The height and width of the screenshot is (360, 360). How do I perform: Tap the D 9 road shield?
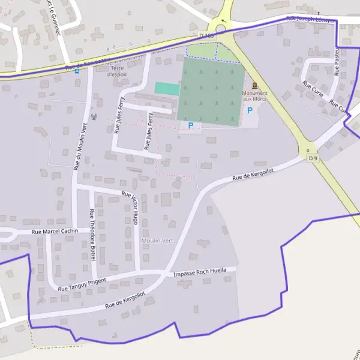[311, 158]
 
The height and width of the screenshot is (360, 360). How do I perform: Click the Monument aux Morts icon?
[255, 86]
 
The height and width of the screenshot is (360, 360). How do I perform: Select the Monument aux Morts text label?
[255, 96]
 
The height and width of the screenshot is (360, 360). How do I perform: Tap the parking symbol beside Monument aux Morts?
[250, 110]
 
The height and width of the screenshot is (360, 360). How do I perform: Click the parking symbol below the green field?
[191, 125]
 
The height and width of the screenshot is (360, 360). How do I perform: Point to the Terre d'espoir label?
[118, 71]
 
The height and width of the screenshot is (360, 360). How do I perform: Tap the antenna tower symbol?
[93, 116]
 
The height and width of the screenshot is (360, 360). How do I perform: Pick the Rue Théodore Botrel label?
[92, 230]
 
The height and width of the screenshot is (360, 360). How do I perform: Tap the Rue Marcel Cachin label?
[55, 231]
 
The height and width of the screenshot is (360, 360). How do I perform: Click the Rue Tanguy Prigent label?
[82, 284]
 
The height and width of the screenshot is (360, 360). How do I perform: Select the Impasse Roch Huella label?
[200, 272]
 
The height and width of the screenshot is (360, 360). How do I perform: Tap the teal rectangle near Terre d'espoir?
[167, 89]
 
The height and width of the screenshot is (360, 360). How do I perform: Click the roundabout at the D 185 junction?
[221, 29]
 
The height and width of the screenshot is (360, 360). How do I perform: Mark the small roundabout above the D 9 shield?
[308, 151]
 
